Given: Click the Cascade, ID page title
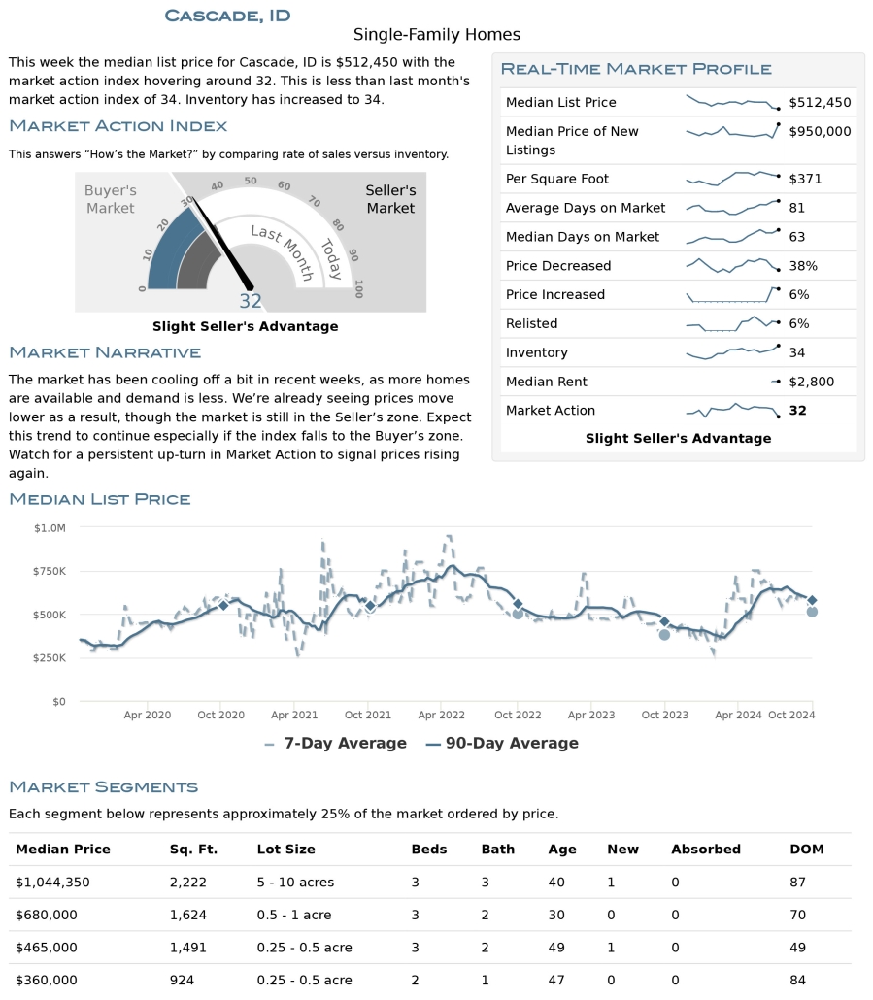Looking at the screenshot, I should (x=227, y=15).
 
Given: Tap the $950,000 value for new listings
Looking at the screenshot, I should (x=820, y=131).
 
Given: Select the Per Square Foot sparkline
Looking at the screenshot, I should (x=732, y=179).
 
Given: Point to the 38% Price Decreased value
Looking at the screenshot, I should (x=804, y=265).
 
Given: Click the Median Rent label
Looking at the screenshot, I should (x=546, y=382).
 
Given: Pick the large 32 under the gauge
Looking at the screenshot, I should (x=251, y=301).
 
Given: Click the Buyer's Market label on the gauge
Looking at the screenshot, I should (x=111, y=199).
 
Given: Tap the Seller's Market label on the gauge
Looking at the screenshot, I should (x=390, y=199).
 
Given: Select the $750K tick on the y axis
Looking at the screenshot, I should (x=50, y=571).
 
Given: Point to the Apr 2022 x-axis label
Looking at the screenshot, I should (x=441, y=715).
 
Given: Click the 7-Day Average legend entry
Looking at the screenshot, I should (x=335, y=743).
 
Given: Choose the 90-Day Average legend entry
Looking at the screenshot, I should (x=502, y=743).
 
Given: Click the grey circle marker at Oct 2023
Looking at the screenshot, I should (x=664, y=634).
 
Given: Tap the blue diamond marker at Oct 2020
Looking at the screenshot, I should (x=223, y=605).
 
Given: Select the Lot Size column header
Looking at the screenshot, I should (x=285, y=849).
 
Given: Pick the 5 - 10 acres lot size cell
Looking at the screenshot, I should (x=295, y=882).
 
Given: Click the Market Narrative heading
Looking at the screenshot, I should (x=105, y=352).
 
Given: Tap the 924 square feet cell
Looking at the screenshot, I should (x=182, y=980).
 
